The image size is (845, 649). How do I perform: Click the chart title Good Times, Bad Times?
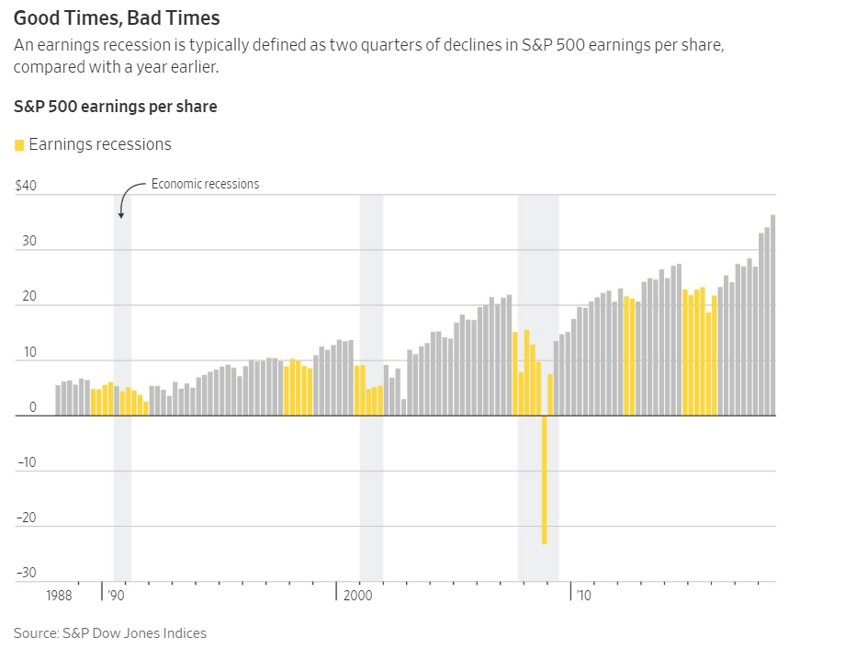(x=116, y=18)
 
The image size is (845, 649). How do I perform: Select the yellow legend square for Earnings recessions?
(x=19, y=145)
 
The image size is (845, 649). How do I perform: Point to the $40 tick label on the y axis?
(x=26, y=186)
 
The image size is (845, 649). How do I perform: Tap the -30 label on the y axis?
(x=26, y=573)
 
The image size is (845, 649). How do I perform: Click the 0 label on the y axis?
(x=32, y=407)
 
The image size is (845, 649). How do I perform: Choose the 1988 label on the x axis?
(x=59, y=596)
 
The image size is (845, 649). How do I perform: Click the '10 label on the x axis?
(x=583, y=596)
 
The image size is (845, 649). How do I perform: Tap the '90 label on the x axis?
(x=116, y=596)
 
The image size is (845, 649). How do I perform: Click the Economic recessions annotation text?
(x=205, y=184)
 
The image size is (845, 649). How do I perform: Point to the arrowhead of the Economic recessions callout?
(x=120, y=216)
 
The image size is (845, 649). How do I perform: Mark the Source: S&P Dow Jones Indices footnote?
(x=110, y=632)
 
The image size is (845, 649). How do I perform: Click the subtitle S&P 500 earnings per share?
(x=116, y=107)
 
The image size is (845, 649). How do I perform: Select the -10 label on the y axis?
(x=26, y=462)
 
